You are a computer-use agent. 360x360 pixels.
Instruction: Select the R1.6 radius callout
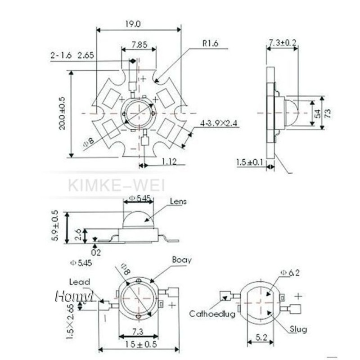[x=210, y=44]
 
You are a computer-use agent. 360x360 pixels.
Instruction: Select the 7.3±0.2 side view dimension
[x=282, y=43]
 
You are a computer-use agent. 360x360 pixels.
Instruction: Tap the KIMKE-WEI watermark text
[x=117, y=185]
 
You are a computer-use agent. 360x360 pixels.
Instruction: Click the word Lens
[x=178, y=202]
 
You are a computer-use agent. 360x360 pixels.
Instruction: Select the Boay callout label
[x=182, y=260]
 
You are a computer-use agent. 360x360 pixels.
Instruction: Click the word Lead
[x=79, y=282]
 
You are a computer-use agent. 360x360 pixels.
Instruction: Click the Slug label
[x=298, y=330]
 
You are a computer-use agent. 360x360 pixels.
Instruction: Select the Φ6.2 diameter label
[x=290, y=273]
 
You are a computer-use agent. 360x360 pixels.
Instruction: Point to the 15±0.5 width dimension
[x=139, y=344]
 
